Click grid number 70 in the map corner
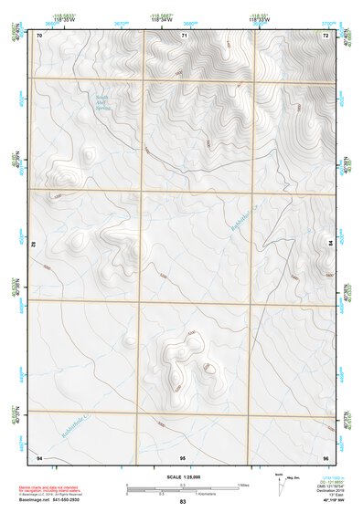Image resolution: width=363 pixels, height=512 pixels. [39, 35]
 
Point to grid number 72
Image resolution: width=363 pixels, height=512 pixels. [326, 35]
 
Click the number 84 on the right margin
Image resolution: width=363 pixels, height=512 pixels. [330, 242]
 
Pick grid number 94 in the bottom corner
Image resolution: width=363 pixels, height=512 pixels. [39, 455]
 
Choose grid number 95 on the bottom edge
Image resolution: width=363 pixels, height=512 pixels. [183, 455]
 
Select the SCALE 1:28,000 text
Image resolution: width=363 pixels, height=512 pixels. [183, 476]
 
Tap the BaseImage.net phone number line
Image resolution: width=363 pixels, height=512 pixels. [57, 499]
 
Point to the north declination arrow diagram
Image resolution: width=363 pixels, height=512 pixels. [280, 482]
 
